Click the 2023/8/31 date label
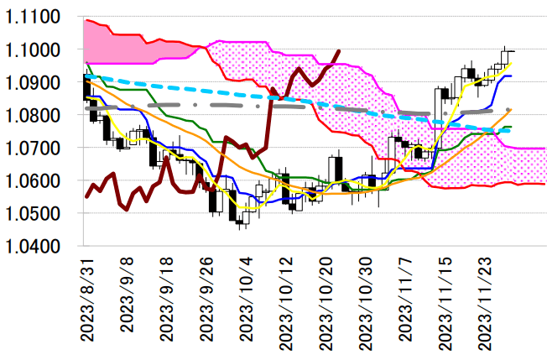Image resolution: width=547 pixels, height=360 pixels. point(86,298)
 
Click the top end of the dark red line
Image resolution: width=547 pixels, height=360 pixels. point(338,50)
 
